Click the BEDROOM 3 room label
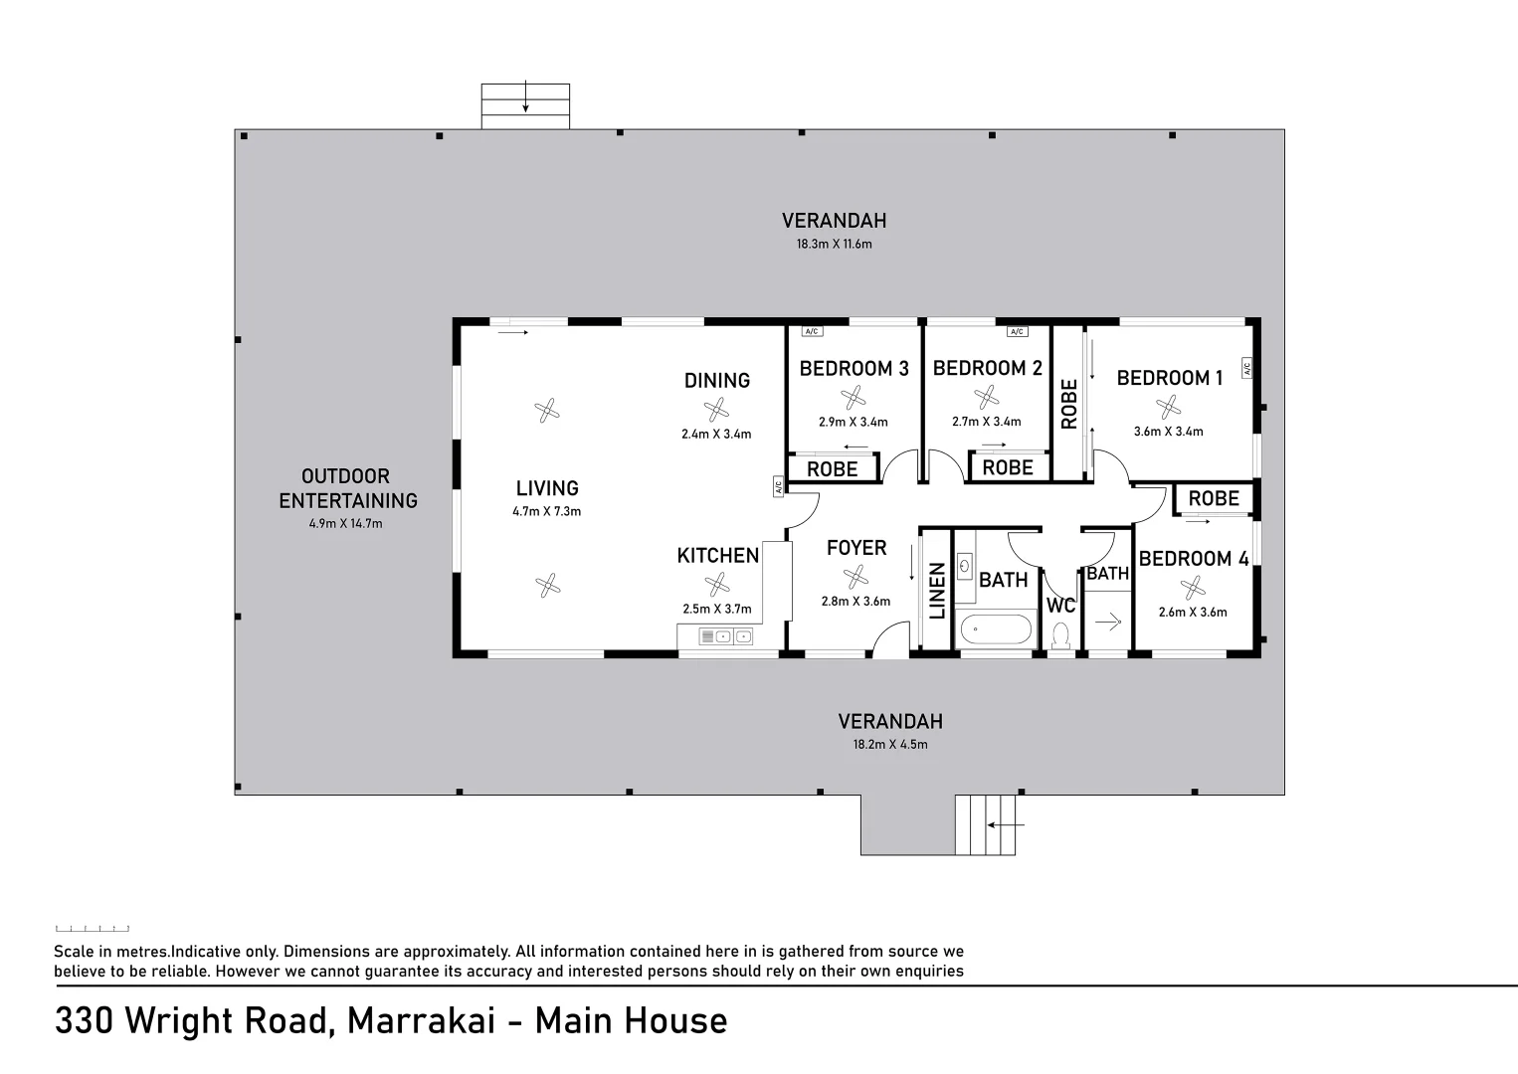(854, 369)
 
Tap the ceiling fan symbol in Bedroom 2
(986, 398)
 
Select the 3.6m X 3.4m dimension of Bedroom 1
(1168, 432)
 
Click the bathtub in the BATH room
(996, 629)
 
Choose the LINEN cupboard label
(936, 591)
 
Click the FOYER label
(856, 548)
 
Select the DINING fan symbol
(716, 410)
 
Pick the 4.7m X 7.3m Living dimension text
(547, 511)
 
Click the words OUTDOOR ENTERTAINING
(347, 488)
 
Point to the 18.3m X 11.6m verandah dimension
(835, 244)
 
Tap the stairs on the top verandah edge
(525, 106)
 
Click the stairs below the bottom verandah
(986, 824)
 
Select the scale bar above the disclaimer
(93, 929)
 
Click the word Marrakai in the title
(422, 1020)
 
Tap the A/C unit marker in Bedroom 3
(812, 331)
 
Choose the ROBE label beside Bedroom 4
(1214, 499)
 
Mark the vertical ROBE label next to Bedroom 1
(1069, 404)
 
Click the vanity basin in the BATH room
(966, 565)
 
